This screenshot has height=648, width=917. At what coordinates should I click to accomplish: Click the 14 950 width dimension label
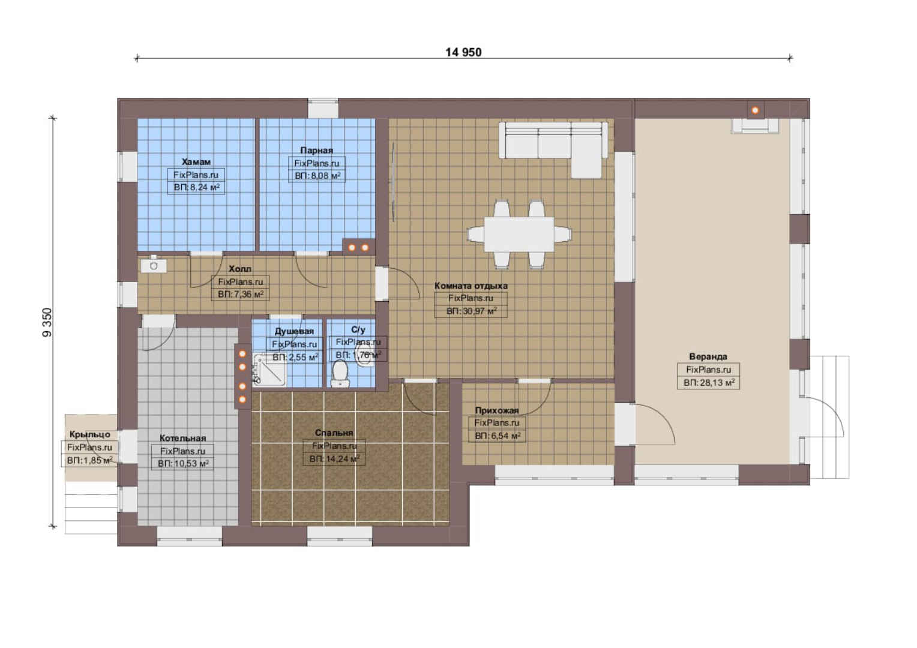pos(463,52)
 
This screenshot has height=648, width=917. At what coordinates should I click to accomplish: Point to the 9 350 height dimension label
pos(47,323)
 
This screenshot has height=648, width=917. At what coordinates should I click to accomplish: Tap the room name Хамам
pos(196,161)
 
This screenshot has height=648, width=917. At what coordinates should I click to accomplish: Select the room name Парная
pos(316,150)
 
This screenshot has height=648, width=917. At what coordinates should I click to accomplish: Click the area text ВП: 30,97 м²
pos(471,311)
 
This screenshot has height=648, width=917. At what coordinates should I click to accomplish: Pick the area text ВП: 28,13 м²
pos(709,383)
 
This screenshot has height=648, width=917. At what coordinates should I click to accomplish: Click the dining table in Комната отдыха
pos(519,234)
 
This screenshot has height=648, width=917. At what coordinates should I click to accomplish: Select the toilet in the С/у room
pos(339,373)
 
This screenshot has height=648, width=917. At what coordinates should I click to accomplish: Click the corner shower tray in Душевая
pos(269,370)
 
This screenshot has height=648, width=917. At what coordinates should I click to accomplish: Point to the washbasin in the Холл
pos(154,265)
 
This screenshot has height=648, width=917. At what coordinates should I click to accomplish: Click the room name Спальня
pos(334,433)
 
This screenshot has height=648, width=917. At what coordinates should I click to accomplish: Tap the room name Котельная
pos(182,438)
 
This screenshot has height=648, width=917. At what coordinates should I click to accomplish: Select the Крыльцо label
pos(89,435)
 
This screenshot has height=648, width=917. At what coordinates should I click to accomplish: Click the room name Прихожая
pos(496,410)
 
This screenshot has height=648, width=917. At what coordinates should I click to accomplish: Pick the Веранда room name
pos(708,356)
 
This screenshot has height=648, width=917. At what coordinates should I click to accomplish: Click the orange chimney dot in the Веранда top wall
pos(756,110)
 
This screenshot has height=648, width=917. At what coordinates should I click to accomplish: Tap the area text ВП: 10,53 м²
pos(183,464)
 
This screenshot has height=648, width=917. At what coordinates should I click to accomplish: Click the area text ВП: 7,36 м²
pos(240,294)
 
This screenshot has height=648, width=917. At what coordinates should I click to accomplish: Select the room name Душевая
pos(294,331)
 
